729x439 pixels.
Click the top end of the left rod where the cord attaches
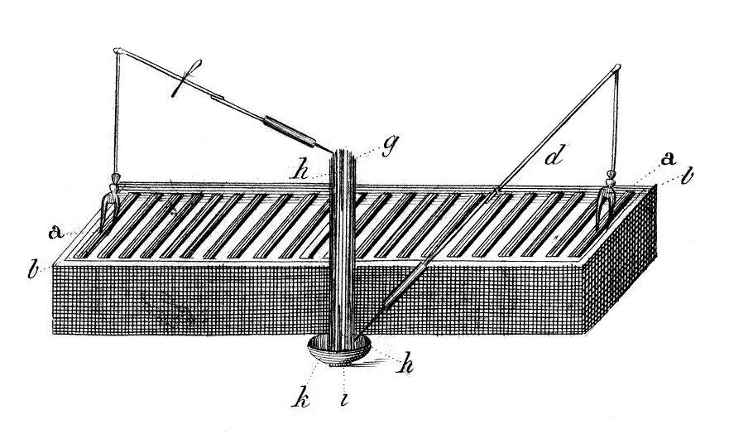(x=117, y=51)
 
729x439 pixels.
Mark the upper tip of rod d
(x=618, y=67)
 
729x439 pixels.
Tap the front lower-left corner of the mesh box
(x=54, y=333)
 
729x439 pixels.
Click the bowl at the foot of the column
(x=339, y=350)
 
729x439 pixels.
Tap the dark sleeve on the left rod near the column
(x=289, y=130)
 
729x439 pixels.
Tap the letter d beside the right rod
(x=555, y=155)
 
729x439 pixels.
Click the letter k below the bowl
(x=301, y=399)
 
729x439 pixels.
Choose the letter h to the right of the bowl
(x=405, y=364)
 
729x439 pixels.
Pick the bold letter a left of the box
(x=56, y=232)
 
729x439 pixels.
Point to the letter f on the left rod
(x=186, y=78)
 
